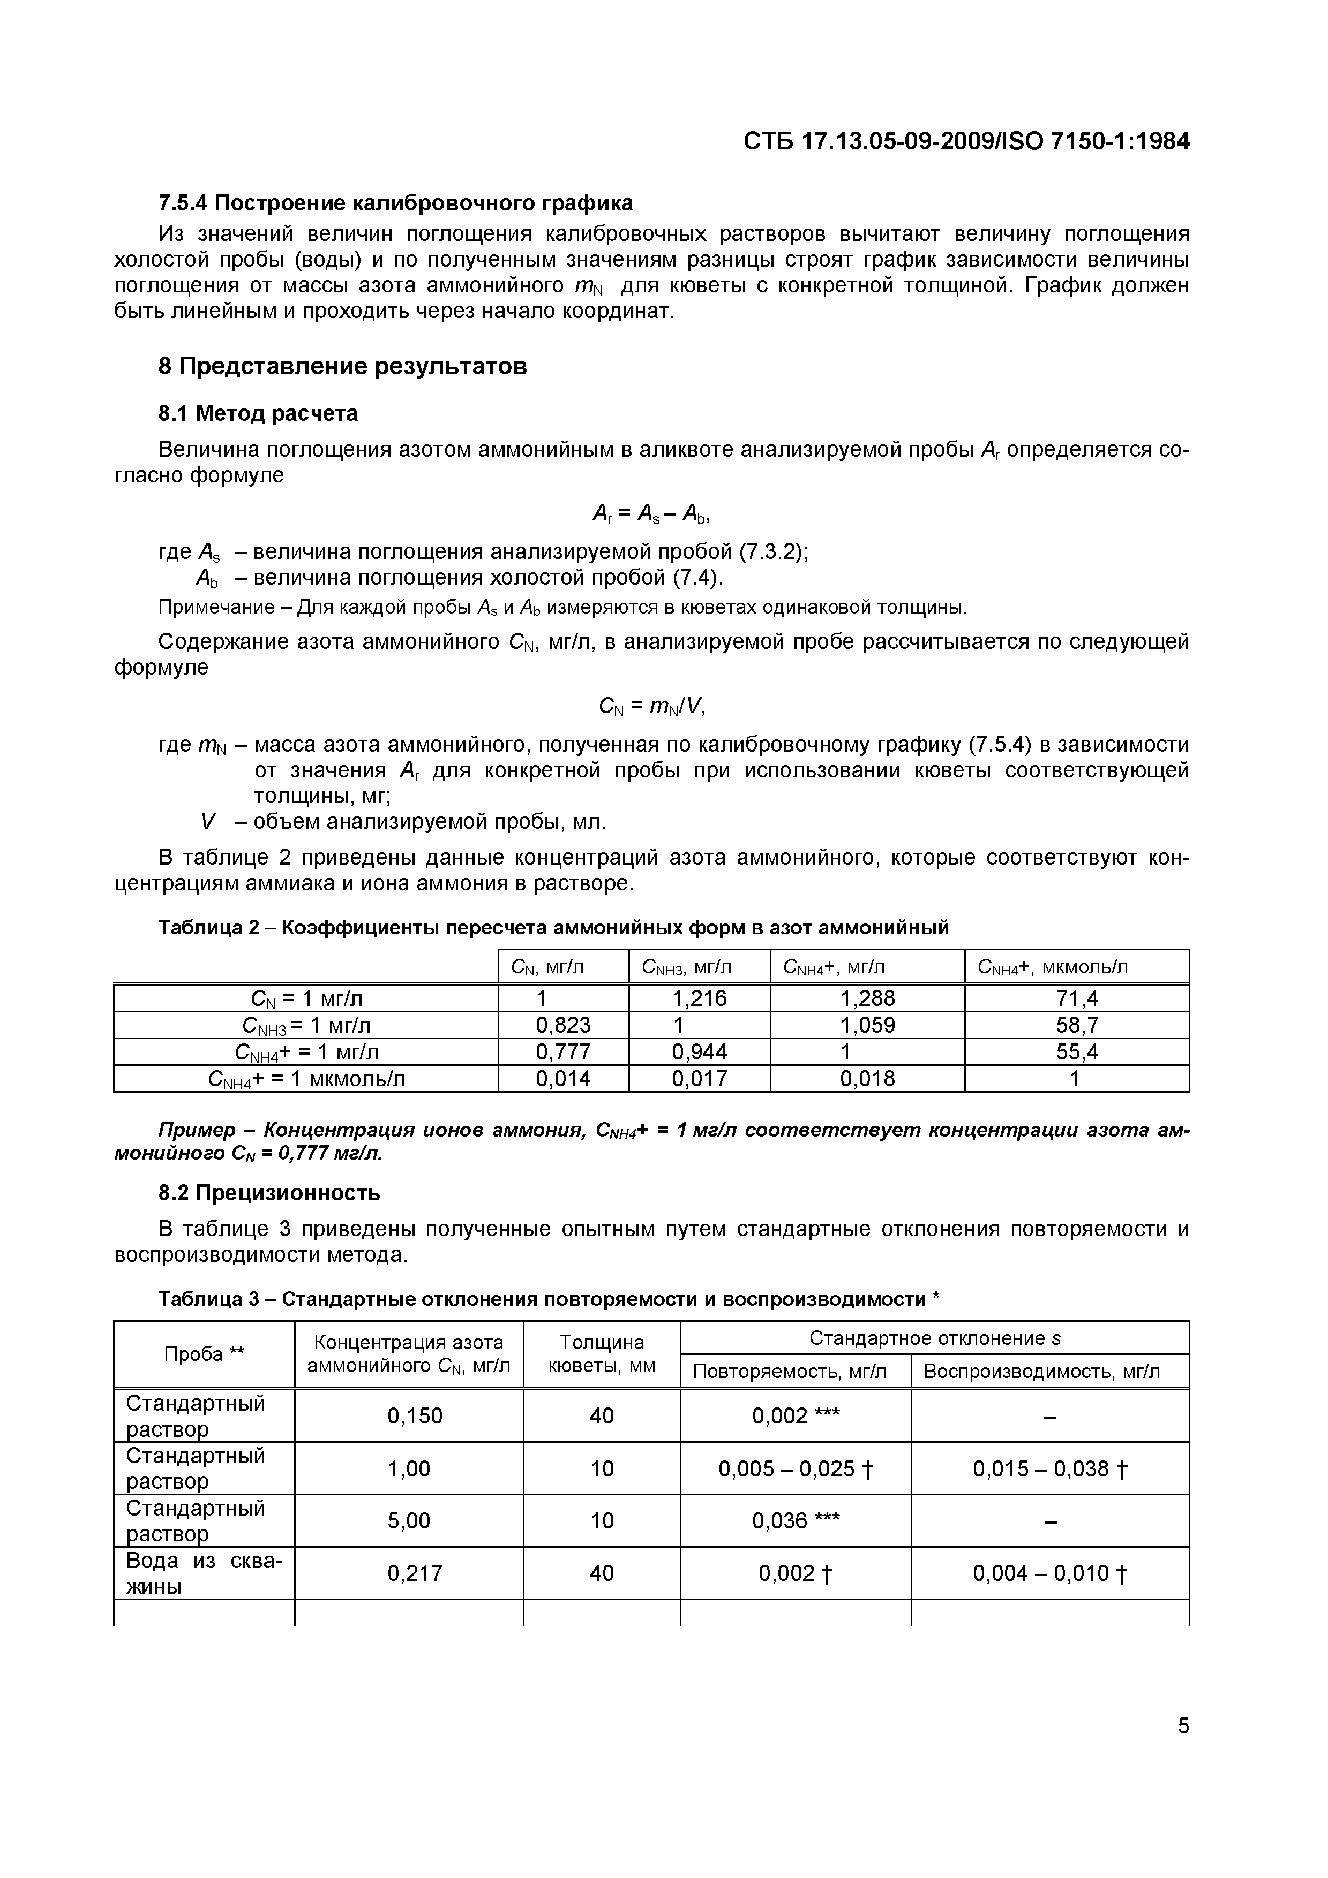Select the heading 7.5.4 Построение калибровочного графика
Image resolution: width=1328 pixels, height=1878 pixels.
click(395, 203)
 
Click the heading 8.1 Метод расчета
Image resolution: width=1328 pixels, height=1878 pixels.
click(258, 414)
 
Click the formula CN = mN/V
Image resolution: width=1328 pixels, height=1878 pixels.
click(651, 705)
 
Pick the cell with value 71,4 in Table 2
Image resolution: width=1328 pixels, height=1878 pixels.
click(1076, 998)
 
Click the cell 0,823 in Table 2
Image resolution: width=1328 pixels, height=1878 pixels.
click(563, 1025)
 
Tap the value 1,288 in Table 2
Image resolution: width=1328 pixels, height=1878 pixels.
click(867, 998)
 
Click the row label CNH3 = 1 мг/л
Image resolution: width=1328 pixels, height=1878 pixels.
click(306, 1025)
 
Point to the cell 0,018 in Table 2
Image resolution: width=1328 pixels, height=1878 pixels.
click(867, 1079)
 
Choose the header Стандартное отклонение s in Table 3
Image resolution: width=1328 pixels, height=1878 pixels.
click(934, 1338)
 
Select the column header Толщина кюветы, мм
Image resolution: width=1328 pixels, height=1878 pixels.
click(602, 1354)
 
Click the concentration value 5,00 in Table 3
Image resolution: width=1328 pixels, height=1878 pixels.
click(409, 1520)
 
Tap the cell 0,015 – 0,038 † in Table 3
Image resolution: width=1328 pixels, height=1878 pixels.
click(1050, 1469)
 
